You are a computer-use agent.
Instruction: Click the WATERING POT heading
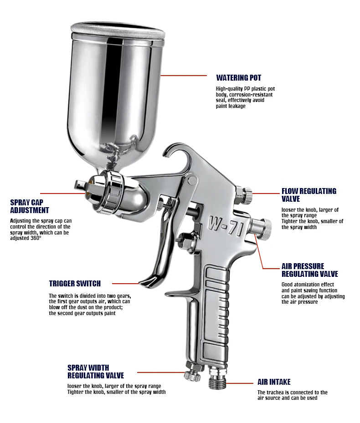click(x=239, y=78)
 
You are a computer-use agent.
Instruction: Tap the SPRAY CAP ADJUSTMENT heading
click(x=30, y=206)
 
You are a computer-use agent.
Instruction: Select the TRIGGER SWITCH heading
click(x=75, y=284)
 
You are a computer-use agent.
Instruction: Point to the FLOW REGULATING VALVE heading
click(x=309, y=195)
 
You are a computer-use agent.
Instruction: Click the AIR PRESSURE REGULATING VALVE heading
click(x=310, y=270)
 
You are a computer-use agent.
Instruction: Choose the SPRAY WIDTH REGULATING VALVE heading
click(x=96, y=372)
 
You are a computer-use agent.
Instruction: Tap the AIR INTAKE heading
click(x=274, y=382)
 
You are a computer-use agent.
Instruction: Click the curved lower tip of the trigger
click(x=149, y=282)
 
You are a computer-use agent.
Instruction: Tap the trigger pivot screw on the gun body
click(x=192, y=180)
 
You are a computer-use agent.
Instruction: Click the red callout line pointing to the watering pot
click(x=184, y=76)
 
